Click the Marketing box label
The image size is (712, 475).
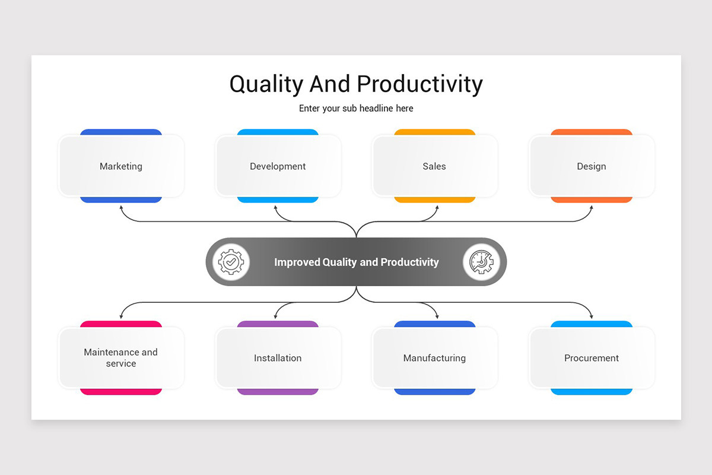coord(121,166)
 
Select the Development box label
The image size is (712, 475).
coord(278,166)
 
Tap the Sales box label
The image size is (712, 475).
coord(434,166)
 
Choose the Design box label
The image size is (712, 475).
coord(592,166)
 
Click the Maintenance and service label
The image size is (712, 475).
coord(121,358)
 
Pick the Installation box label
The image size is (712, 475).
coord(278,358)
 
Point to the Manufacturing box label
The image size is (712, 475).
coord(434,358)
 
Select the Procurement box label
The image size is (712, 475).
coord(592,358)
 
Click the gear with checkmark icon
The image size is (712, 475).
coord(231,262)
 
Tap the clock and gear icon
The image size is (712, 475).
coord(481,262)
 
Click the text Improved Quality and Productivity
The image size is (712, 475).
coord(357,262)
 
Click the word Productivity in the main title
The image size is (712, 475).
coord(420,84)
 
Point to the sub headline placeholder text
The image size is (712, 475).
coord(356,109)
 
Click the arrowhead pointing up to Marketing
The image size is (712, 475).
coord(121,208)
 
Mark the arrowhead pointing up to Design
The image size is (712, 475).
coord(592,208)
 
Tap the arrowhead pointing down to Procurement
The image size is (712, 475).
coord(592,316)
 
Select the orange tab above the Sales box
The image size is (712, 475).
coord(434,132)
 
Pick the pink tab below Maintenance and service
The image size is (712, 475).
coord(121,392)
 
